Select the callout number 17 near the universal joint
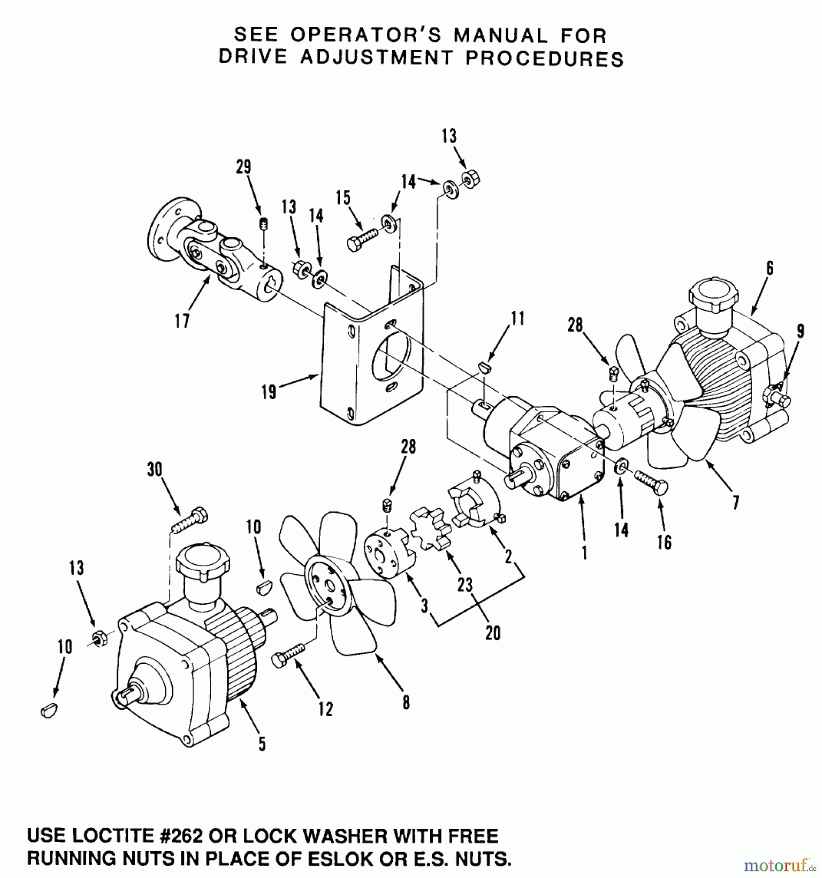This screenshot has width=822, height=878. [x=182, y=321]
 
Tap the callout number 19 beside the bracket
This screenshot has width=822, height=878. [x=268, y=391]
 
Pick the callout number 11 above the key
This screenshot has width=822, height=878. [x=518, y=319]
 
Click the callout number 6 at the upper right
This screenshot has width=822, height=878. [x=769, y=269]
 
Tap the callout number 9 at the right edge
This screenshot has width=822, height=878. [x=800, y=331]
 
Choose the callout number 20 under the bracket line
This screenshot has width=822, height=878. [x=493, y=633]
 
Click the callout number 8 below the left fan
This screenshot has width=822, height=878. [x=406, y=702]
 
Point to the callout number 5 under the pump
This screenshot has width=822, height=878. [x=262, y=743]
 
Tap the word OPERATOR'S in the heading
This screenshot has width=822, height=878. [x=365, y=36]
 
